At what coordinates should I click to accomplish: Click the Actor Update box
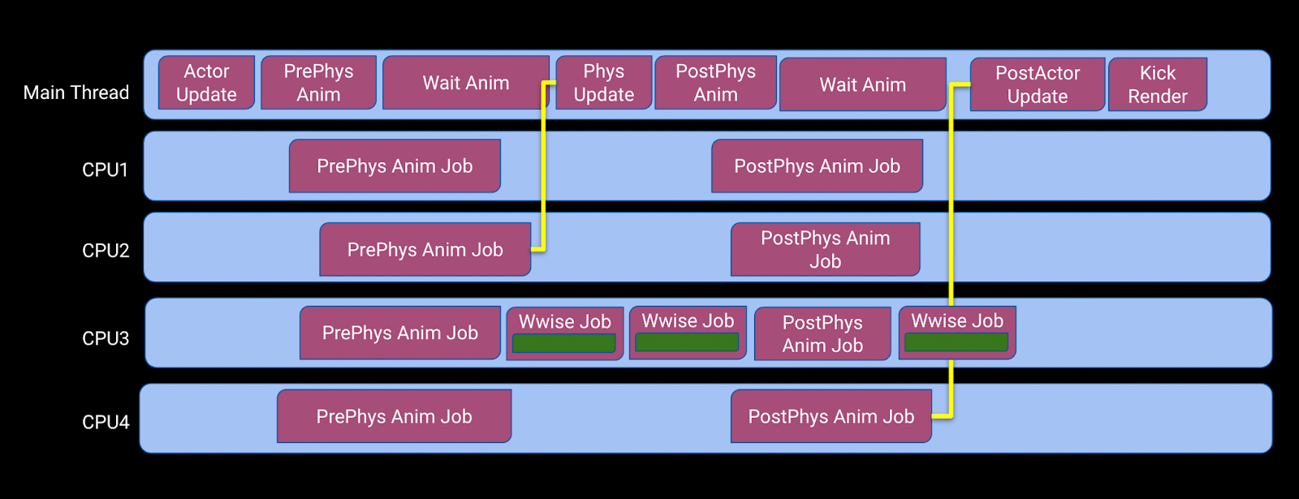pyautogui.click(x=206, y=82)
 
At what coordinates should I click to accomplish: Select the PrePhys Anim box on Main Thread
pyautogui.click(x=318, y=82)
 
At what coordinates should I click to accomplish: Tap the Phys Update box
pyautogui.click(x=604, y=82)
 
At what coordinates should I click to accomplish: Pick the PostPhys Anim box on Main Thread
pyautogui.click(x=715, y=82)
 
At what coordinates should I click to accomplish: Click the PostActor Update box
pyautogui.click(x=1038, y=84)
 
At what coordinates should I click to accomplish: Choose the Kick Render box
pyautogui.click(x=1158, y=84)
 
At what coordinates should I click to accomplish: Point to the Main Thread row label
pyautogui.click(x=76, y=92)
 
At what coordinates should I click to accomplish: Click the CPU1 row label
pyautogui.click(x=105, y=170)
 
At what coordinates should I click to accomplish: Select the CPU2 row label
pyautogui.click(x=106, y=251)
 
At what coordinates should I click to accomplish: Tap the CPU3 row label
pyautogui.click(x=106, y=338)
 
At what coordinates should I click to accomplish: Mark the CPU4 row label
pyautogui.click(x=106, y=422)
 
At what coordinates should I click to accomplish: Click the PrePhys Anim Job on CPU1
pyautogui.click(x=395, y=166)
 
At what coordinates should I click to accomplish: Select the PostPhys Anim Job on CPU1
pyautogui.click(x=817, y=166)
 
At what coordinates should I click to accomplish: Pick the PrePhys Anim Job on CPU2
pyautogui.click(x=425, y=249)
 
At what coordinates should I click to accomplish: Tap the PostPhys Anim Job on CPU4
pyautogui.click(x=831, y=416)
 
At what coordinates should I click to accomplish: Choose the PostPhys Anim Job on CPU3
pyautogui.click(x=822, y=333)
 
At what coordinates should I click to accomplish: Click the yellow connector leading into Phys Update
pyautogui.click(x=543, y=168)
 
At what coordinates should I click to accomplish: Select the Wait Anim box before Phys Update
pyautogui.click(x=466, y=82)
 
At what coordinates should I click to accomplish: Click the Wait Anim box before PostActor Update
pyautogui.click(x=863, y=84)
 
